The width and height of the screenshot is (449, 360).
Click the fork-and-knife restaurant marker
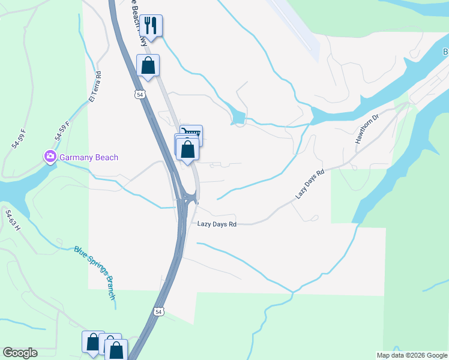click(151, 26)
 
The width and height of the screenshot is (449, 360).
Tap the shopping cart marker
click(191, 134)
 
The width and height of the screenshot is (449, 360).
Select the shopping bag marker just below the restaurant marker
click(148, 66)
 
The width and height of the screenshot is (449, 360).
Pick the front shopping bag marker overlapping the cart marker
click(187, 149)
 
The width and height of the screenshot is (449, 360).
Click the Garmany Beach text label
click(88, 157)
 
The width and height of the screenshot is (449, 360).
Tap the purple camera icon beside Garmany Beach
click(50, 157)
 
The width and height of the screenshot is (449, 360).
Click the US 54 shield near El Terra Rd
click(139, 95)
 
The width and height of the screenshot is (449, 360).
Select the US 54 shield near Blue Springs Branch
click(158, 312)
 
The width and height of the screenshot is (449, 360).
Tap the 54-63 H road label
click(13, 220)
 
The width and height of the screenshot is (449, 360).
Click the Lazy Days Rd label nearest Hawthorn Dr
click(310, 184)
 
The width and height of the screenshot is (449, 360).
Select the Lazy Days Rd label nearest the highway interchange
click(217, 224)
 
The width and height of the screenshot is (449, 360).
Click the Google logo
click(20, 353)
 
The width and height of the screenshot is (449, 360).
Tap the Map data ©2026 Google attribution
click(412, 355)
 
